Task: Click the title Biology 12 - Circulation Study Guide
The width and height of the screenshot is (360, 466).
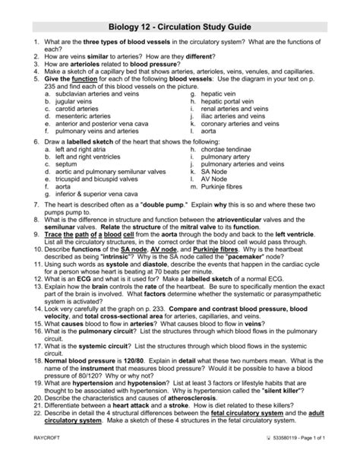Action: point(180,26)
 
